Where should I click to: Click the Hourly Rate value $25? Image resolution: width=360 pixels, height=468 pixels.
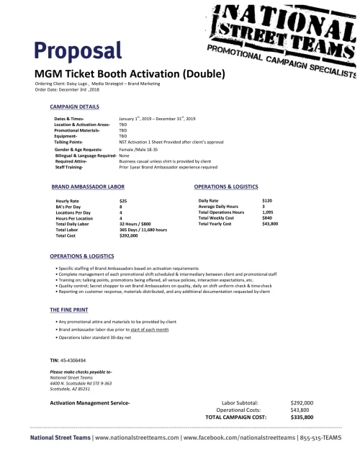pos(123,200)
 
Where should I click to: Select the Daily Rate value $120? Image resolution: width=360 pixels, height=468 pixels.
pos(267,200)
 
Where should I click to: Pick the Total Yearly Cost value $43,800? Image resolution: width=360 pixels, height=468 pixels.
pos(271,224)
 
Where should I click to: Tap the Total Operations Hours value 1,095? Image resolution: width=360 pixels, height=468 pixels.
pos(269,212)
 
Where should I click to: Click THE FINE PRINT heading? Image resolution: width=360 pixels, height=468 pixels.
pos(69,309)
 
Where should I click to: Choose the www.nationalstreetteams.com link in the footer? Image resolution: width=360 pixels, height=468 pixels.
pos(137,437)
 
